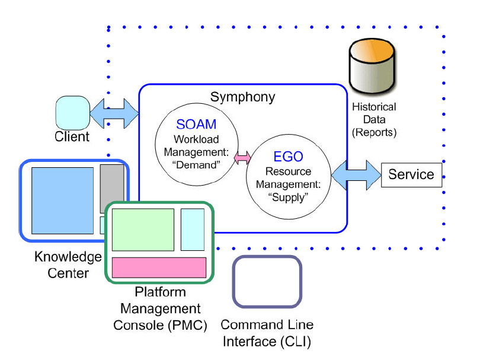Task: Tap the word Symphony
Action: pos(242,97)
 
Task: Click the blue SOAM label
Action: pos(196,125)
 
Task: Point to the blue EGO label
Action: pos(288,157)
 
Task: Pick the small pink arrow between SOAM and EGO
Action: pos(242,158)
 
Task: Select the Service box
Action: pos(411,174)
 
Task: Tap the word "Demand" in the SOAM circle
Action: pos(196,165)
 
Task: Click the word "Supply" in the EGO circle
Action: pos(288,197)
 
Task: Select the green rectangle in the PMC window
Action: pos(143,230)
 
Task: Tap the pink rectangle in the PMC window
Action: pos(159,267)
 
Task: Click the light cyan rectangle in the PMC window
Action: pos(192,230)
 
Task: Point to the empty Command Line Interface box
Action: pos(267,282)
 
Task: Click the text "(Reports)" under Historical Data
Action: pos(374,132)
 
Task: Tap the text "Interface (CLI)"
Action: pos(267,342)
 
